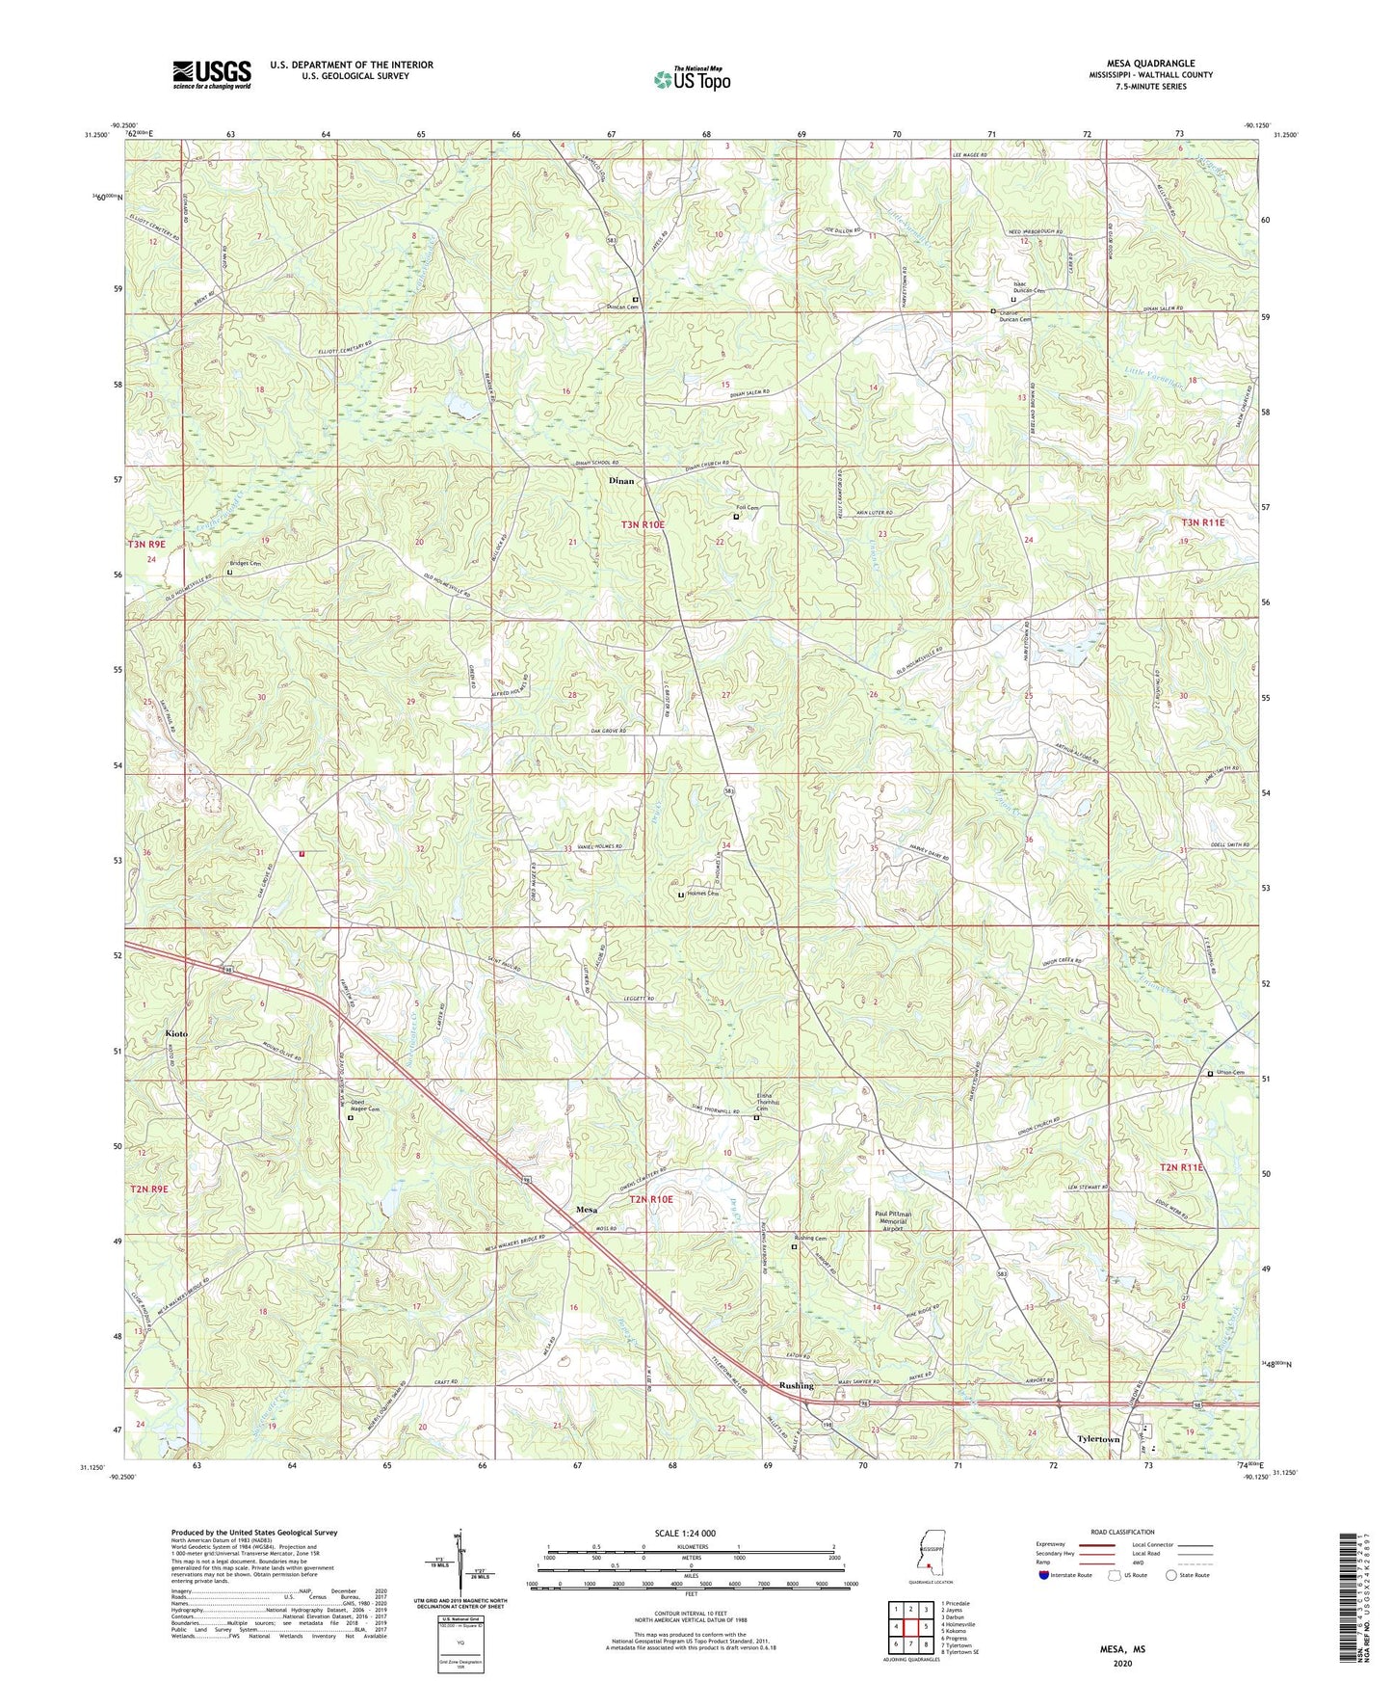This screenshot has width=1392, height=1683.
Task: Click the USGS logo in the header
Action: pyautogui.click(x=212, y=74)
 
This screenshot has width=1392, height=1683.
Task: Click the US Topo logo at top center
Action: pyautogui.click(x=692, y=79)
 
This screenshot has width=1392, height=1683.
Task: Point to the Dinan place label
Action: pyautogui.click(x=621, y=480)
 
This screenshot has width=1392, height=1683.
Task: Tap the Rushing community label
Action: pyautogui.click(x=796, y=1386)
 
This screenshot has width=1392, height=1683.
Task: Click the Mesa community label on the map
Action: pyautogui.click(x=586, y=1210)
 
